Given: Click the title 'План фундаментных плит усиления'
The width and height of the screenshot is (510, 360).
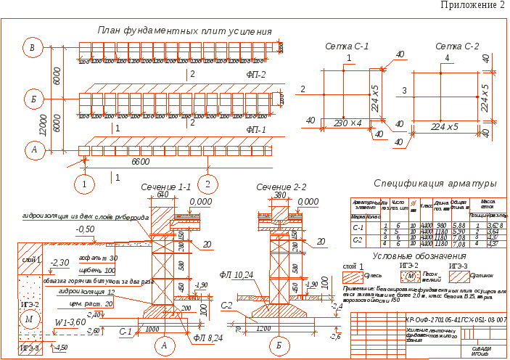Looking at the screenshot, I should [184, 31].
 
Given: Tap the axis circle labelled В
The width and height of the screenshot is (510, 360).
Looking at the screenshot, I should [31, 48].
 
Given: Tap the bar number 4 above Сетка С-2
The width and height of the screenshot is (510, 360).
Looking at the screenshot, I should [447, 57].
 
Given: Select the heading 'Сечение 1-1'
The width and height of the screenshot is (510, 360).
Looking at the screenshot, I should [165, 187].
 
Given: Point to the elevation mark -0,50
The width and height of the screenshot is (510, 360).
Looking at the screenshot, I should [86, 229].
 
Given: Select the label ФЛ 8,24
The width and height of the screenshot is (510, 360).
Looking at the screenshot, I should [207, 337].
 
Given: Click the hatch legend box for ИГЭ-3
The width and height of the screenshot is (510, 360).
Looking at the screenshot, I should [459, 275].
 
